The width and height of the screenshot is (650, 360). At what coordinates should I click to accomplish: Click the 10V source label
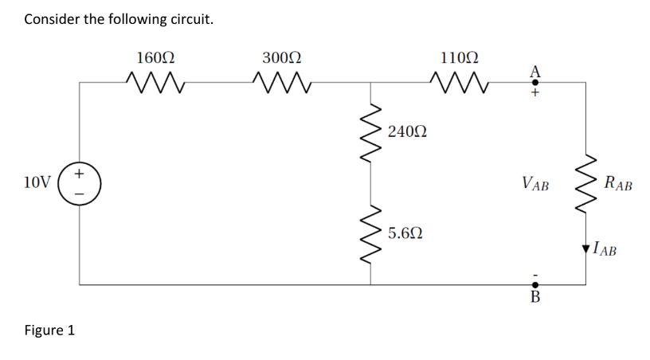tap(37, 182)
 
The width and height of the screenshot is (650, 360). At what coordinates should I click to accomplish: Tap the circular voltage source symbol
tap(80, 183)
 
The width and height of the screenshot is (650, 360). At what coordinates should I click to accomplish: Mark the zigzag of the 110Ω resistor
tap(459, 80)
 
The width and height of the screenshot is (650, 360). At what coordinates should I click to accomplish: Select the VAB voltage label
tap(535, 184)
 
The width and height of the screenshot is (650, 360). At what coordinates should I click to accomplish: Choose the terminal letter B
tap(535, 299)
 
